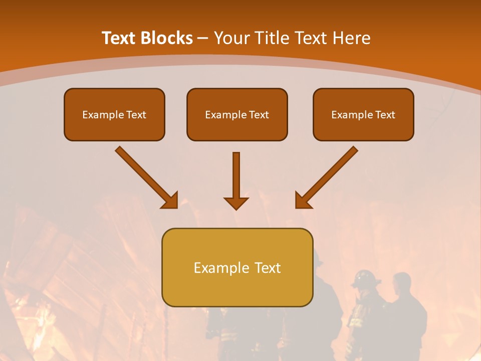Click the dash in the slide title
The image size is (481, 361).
(x=203, y=39)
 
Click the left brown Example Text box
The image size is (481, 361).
(x=114, y=114)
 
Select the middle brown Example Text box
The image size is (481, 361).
(x=237, y=114)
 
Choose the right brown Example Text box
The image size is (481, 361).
(x=363, y=114)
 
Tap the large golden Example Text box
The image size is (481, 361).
(x=237, y=267)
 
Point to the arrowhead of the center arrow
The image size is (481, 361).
(x=236, y=203)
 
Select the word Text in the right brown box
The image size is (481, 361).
(x=385, y=115)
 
